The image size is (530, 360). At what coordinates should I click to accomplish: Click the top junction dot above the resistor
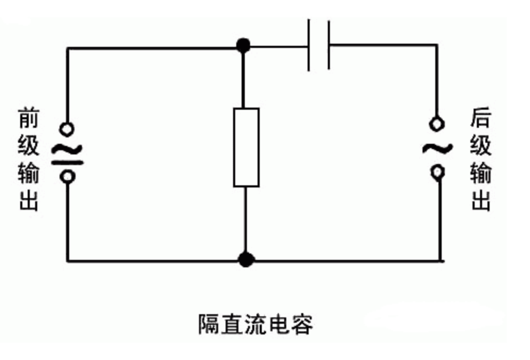[x=243, y=46]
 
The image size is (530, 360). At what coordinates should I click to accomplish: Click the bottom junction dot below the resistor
[x=245, y=260]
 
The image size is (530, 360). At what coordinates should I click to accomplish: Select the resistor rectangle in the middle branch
[x=246, y=148]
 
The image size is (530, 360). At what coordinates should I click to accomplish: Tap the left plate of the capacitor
[x=309, y=45]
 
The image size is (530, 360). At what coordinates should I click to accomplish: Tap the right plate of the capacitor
[x=328, y=45]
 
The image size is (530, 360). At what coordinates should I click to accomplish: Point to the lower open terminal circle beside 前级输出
[x=68, y=176]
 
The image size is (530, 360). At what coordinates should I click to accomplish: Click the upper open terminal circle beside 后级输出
[x=437, y=124]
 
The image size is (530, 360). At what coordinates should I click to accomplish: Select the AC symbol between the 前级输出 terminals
[x=67, y=154]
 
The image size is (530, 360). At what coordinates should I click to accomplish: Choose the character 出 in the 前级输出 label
[x=29, y=201]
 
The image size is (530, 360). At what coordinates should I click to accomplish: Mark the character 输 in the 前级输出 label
[x=29, y=173]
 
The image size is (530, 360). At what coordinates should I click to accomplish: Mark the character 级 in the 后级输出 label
[x=480, y=145]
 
